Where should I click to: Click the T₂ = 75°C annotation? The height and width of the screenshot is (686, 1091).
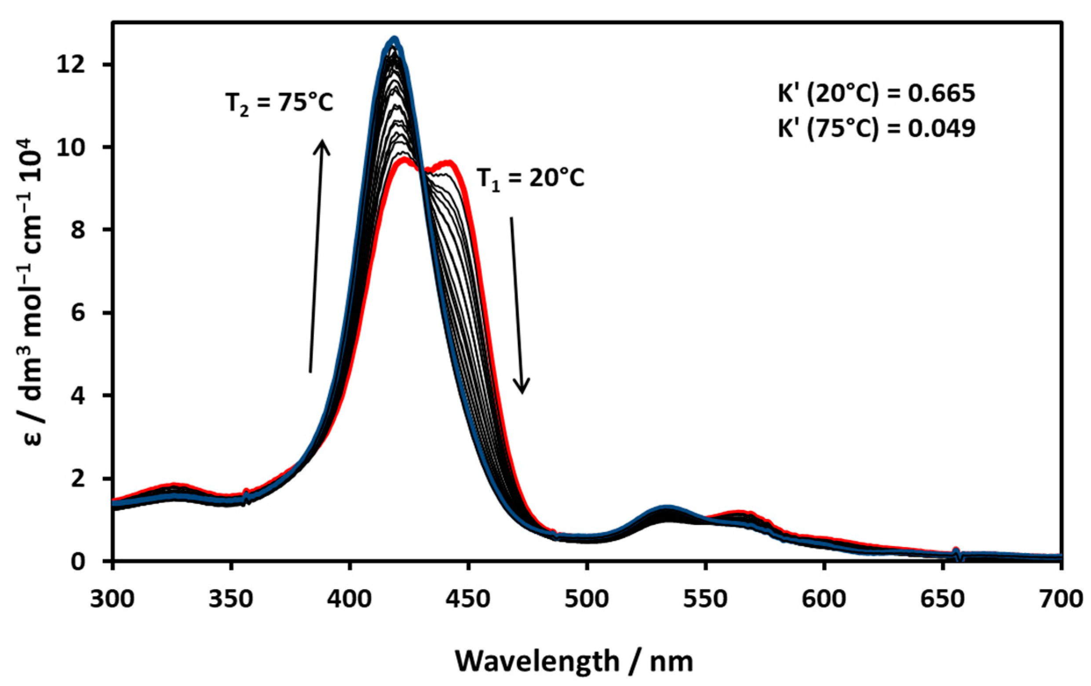(x=279, y=104)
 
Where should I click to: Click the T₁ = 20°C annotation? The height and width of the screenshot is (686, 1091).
(x=530, y=179)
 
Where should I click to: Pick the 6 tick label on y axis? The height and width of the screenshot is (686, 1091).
(x=80, y=313)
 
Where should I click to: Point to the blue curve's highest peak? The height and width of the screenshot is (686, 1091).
(x=394, y=40)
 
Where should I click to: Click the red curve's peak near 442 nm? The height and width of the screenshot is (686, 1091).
(x=449, y=162)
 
